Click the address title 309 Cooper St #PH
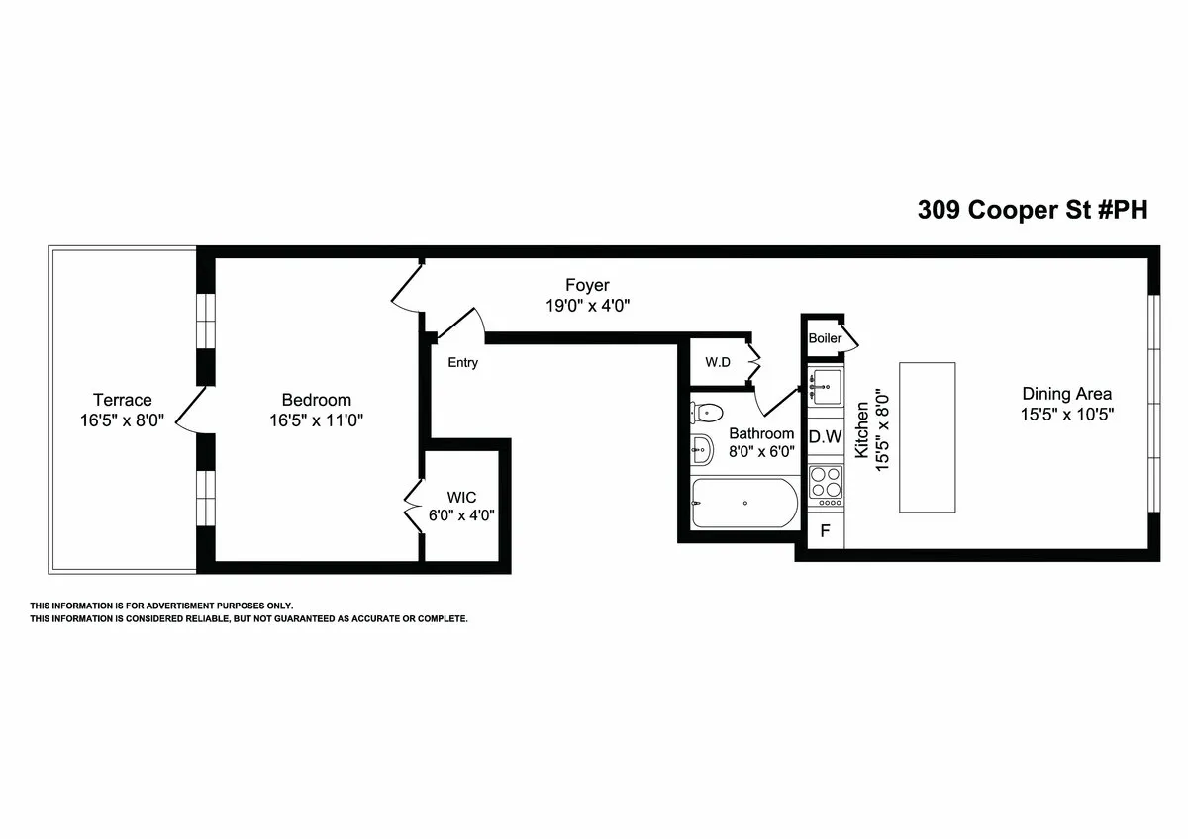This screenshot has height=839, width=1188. (x=1033, y=210)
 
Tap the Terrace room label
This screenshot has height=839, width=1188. (x=123, y=400)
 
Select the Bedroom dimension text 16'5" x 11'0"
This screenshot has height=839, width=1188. (x=317, y=419)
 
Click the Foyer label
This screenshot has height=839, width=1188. (x=587, y=286)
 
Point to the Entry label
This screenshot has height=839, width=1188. (x=462, y=363)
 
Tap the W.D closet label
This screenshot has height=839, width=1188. (x=718, y=362)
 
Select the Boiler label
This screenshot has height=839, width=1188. (x=825, y=338)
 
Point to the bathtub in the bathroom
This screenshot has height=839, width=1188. (x=743, y=504)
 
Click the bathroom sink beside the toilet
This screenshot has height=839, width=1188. (x=702, y=450)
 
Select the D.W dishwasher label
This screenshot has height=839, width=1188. (x=825, y=436)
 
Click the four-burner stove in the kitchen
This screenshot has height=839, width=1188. (x=825, y=484)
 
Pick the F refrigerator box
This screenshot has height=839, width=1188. (x=825, y=531)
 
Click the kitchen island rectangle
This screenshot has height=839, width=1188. (x=927, y=436)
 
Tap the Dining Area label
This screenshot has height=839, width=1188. (x=1067, y=393)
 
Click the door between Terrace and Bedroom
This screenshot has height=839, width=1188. (x=191, y=408)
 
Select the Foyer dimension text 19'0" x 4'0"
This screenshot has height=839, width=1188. (x=588, y=307)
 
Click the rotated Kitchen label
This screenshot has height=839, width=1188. (x=862, y=430)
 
